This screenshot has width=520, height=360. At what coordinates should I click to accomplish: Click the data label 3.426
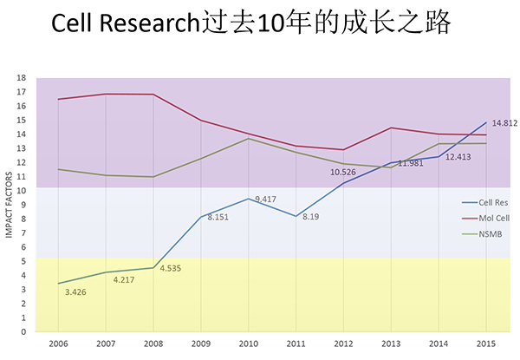(x=78, y=291)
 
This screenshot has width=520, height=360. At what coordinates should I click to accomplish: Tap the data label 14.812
(x=504, y=123)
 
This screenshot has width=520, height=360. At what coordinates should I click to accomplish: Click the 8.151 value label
(x=219, y=217)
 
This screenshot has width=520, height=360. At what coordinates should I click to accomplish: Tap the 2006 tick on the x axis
(x=58, y=344)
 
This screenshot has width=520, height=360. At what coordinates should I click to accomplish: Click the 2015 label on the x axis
(x=486, y=344)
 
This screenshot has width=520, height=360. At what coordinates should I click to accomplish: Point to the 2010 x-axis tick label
(x=249, y=344)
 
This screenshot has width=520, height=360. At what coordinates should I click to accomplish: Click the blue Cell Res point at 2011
(x=296, y=216)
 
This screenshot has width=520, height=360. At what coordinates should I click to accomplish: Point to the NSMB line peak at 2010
(x=249, y=139)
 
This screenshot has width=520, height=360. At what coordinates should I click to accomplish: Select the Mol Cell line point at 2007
(x=106, y=94)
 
